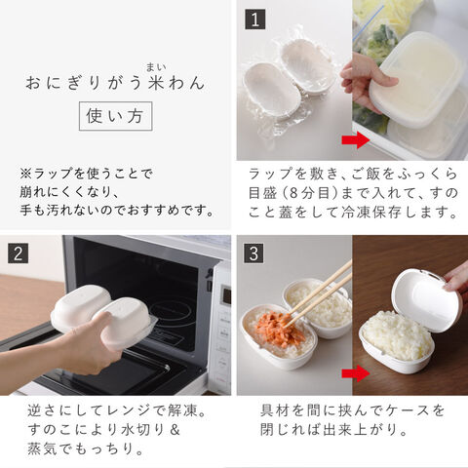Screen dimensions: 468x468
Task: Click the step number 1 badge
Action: pyautogui.click(x=255, y=19)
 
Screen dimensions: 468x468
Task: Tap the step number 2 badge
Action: pyautogui.click(x=19, y=253)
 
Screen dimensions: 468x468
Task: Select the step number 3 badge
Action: pyautogui.click(x=254, y=253)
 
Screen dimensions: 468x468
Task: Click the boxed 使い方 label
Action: pyautogui.click(x=115, y=116)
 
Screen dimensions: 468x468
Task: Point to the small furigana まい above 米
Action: pyautogui.click(x=156, y=68)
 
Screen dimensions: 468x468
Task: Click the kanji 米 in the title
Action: pyautogui.click(x=156, y=83)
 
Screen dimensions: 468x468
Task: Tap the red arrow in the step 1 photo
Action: pyautogui.click(x=356, y=139)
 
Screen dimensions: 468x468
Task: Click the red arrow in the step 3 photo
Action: pyautogui.click(x=356, y=373)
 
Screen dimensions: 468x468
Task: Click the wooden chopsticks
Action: pyautogui.click(x=319, y=295)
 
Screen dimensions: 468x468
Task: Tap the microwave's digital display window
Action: pyautogui.click(x=226, y=296)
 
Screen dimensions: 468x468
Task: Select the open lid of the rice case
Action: pyautogui.click(x=426, y=299)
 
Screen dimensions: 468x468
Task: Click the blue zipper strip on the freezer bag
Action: pyautogui.click(x=370, y=23)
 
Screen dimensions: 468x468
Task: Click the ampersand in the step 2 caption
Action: pyautogui.click(x=175, y=430)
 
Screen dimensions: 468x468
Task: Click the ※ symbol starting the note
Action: pyautogui.click(x=25, y=174)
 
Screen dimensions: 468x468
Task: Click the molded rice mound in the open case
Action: pyautogui.click(x=396, y=334)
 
